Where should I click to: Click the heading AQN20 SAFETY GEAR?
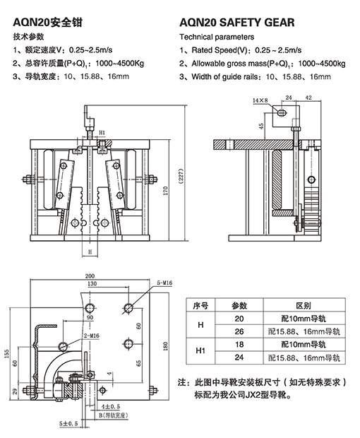pos(236,23)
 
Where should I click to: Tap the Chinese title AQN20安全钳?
pos(47,23)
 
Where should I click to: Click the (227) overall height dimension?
pos(181,176)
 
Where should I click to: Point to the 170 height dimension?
pos(166,191)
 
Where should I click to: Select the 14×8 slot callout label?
pos(260,100)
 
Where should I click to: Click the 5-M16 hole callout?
pos(164,283)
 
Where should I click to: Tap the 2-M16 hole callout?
pos(92,336)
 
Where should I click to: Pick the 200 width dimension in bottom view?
pos(90,276)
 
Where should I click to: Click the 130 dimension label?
pos(92,284)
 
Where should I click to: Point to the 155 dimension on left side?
pos(6,353)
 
